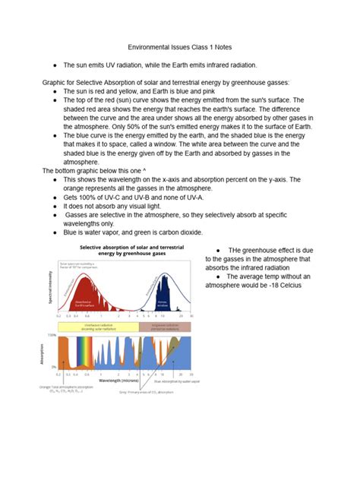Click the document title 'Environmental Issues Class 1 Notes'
pos(180,46)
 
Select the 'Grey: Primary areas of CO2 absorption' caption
pos(147,393)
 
